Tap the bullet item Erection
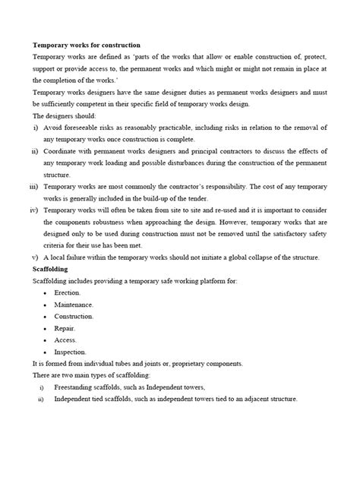[68, 292]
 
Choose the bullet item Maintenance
[74, 305]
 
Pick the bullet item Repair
[65, 328]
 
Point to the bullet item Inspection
[71, 352]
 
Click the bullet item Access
[66, 340]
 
